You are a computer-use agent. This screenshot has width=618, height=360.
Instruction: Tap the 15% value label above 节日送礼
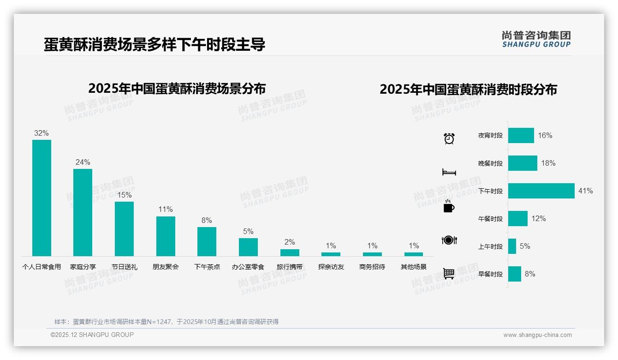(124, 195)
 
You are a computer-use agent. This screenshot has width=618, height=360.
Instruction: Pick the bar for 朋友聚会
(166, 236)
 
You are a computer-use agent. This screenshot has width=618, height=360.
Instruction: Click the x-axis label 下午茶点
(207, 267)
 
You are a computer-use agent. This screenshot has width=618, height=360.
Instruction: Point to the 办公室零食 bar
(248, 247)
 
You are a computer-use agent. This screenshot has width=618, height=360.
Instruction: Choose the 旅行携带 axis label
(290, 267)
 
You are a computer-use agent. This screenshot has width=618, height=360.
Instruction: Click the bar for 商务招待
(372, 254)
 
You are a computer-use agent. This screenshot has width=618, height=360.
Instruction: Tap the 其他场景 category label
(414, 267)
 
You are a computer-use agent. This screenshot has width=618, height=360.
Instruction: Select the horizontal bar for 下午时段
(541, 191)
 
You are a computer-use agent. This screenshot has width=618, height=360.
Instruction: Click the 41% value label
(586, 191)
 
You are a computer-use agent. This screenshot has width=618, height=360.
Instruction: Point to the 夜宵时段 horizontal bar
(521, 135)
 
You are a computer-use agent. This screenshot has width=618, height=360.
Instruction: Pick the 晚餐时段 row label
(490, 163)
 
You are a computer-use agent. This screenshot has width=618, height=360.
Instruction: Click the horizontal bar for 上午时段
(512, 246)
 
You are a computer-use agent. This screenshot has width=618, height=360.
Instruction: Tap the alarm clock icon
(449, 138)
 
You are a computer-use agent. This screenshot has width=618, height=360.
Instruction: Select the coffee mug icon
(449, 207)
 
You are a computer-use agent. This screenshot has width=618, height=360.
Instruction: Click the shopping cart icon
(449, 273)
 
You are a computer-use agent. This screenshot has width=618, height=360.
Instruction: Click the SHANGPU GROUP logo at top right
(536, 39)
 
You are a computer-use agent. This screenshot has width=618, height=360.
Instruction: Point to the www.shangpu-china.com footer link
(537, 335)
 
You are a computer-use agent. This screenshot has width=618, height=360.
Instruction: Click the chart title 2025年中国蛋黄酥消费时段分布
(468, 89)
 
